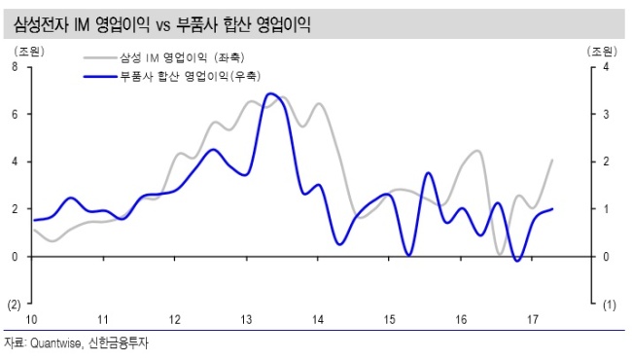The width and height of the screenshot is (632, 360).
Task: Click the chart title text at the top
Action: click(162, 24)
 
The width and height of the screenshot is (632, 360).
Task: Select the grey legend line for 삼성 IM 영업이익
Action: click(100, 57)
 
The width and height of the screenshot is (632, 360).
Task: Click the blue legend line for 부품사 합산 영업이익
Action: click(100, 76)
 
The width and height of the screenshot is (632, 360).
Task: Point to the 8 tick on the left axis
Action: click(15, 67)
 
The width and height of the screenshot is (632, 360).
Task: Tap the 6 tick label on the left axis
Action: click(15, 115)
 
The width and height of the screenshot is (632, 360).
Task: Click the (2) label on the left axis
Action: click(15, 305)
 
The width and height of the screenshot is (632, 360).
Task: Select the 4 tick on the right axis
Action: click(606, 67)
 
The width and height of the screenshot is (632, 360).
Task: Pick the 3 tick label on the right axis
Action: click(606, 115)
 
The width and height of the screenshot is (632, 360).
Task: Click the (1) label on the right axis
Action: click(609, 306)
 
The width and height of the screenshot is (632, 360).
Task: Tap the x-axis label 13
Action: click(246, 320)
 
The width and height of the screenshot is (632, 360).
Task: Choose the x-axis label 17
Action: click(533, 320)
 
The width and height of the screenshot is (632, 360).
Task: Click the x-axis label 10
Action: click(31, 320)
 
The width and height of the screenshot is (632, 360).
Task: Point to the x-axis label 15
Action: click(389, 320)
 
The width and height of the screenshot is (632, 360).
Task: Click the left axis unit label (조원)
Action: click(29, 52)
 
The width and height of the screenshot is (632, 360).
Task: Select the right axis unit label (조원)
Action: click(602, 52)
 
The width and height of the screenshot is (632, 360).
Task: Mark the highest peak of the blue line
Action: click(270, 93)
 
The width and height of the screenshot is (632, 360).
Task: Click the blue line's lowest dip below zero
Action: click(517, 261)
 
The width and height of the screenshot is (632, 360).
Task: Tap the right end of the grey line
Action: click(552, 160)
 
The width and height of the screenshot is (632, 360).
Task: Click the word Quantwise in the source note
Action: click(55, 343)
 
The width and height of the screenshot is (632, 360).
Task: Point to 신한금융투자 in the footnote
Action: click(119, 343)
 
